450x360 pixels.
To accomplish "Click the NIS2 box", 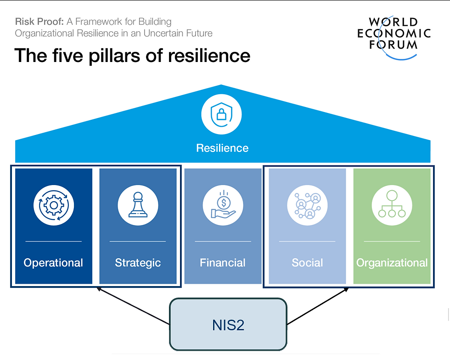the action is coord(228,324).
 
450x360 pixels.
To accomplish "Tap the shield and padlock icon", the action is coord(221,114).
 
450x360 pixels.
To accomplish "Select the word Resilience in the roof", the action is coord(222,148).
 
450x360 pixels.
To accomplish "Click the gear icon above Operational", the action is coord(54,205).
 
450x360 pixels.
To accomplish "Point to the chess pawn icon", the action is coord(138,205).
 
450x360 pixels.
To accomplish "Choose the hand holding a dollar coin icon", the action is coord(223,205).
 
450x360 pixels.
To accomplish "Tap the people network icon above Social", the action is coord(307,205).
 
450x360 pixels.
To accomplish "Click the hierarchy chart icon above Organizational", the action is coord(392,204).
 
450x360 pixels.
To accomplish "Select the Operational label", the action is coord(53,263).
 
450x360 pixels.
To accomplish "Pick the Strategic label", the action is coord(138,263).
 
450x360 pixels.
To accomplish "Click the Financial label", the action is coord(223,263).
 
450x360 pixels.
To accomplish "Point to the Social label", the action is coord(307,263).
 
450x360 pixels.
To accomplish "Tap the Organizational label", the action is coord(392,263).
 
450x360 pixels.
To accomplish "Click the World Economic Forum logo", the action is coord(394,37).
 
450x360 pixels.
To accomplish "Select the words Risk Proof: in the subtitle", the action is coord(39,22).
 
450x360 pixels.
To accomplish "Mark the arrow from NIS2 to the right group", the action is coord(318,306).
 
